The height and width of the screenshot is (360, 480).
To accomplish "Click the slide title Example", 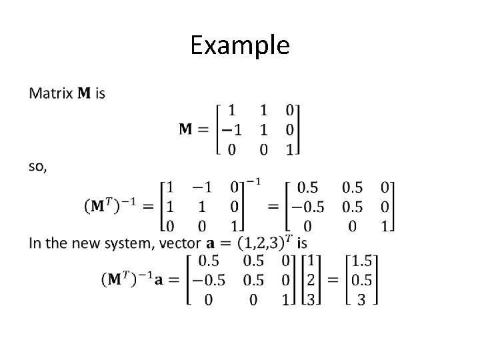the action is pos(240,45).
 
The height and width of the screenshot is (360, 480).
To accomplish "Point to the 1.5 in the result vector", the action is pos(361,259).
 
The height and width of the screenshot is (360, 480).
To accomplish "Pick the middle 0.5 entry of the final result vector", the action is pos(361,279).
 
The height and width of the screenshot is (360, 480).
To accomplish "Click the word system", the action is pos(132,243).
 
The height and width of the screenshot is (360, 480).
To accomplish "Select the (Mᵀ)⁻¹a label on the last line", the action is pos(133,279).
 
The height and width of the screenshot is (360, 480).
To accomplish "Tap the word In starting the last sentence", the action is pos(36,243).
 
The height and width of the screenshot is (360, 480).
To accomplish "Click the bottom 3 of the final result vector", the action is pos(361,300).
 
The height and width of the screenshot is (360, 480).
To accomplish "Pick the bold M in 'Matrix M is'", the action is pos(85,93).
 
